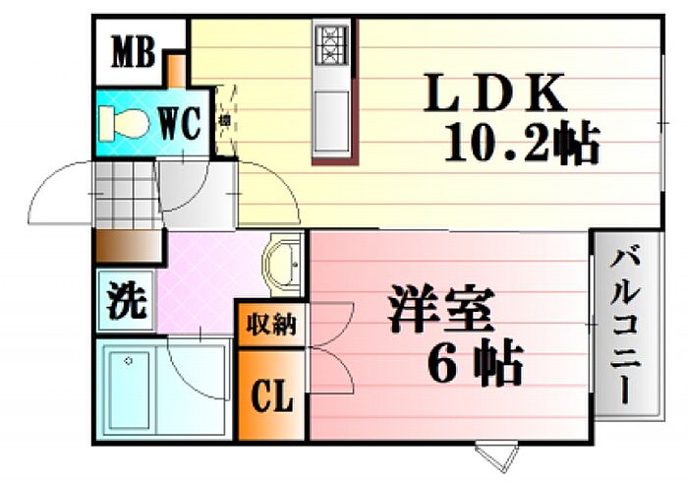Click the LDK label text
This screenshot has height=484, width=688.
[494, 94]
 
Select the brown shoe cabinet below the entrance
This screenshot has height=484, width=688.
[128, 246]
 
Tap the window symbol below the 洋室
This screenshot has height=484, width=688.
[495, 454]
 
